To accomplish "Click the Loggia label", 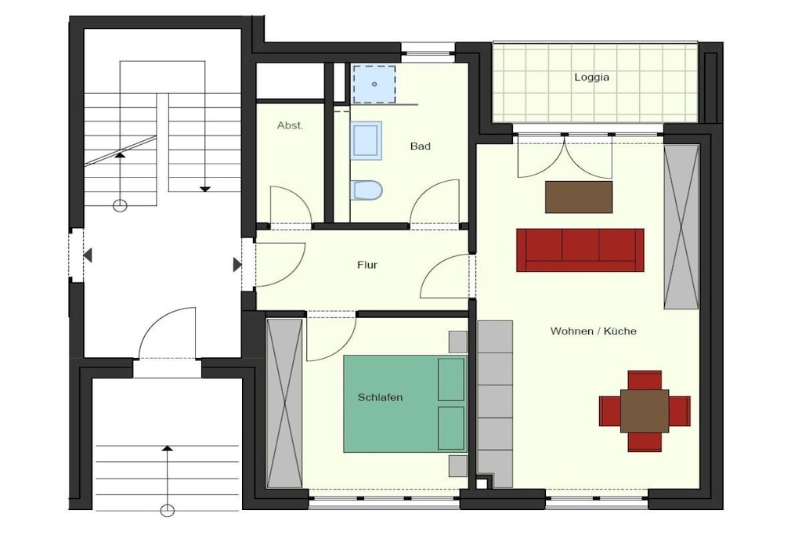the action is (591, 78).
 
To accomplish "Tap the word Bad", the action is (421, 146).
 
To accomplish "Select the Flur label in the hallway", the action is (367, 265).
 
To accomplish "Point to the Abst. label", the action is (290, 125).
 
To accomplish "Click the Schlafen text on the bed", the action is (380, 397).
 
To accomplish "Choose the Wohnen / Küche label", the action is (594, 331).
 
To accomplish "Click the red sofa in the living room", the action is (580, 250).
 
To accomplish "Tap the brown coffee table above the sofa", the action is (579, 197).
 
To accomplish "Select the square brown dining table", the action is (645, 411).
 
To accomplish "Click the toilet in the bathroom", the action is (367, 190).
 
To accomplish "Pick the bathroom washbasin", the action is (366, 141).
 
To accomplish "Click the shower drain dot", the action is (374, 84).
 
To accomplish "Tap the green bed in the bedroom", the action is (405, 403).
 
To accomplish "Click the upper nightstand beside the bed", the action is (457, 342).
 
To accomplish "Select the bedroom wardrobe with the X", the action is (284, 403).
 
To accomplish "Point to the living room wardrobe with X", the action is (681, 227).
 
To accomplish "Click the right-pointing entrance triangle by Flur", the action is (237, 265).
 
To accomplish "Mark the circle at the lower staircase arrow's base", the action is (168, 510).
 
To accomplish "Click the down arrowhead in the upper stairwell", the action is (205, 190).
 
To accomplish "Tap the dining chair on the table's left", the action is (609, 411).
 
